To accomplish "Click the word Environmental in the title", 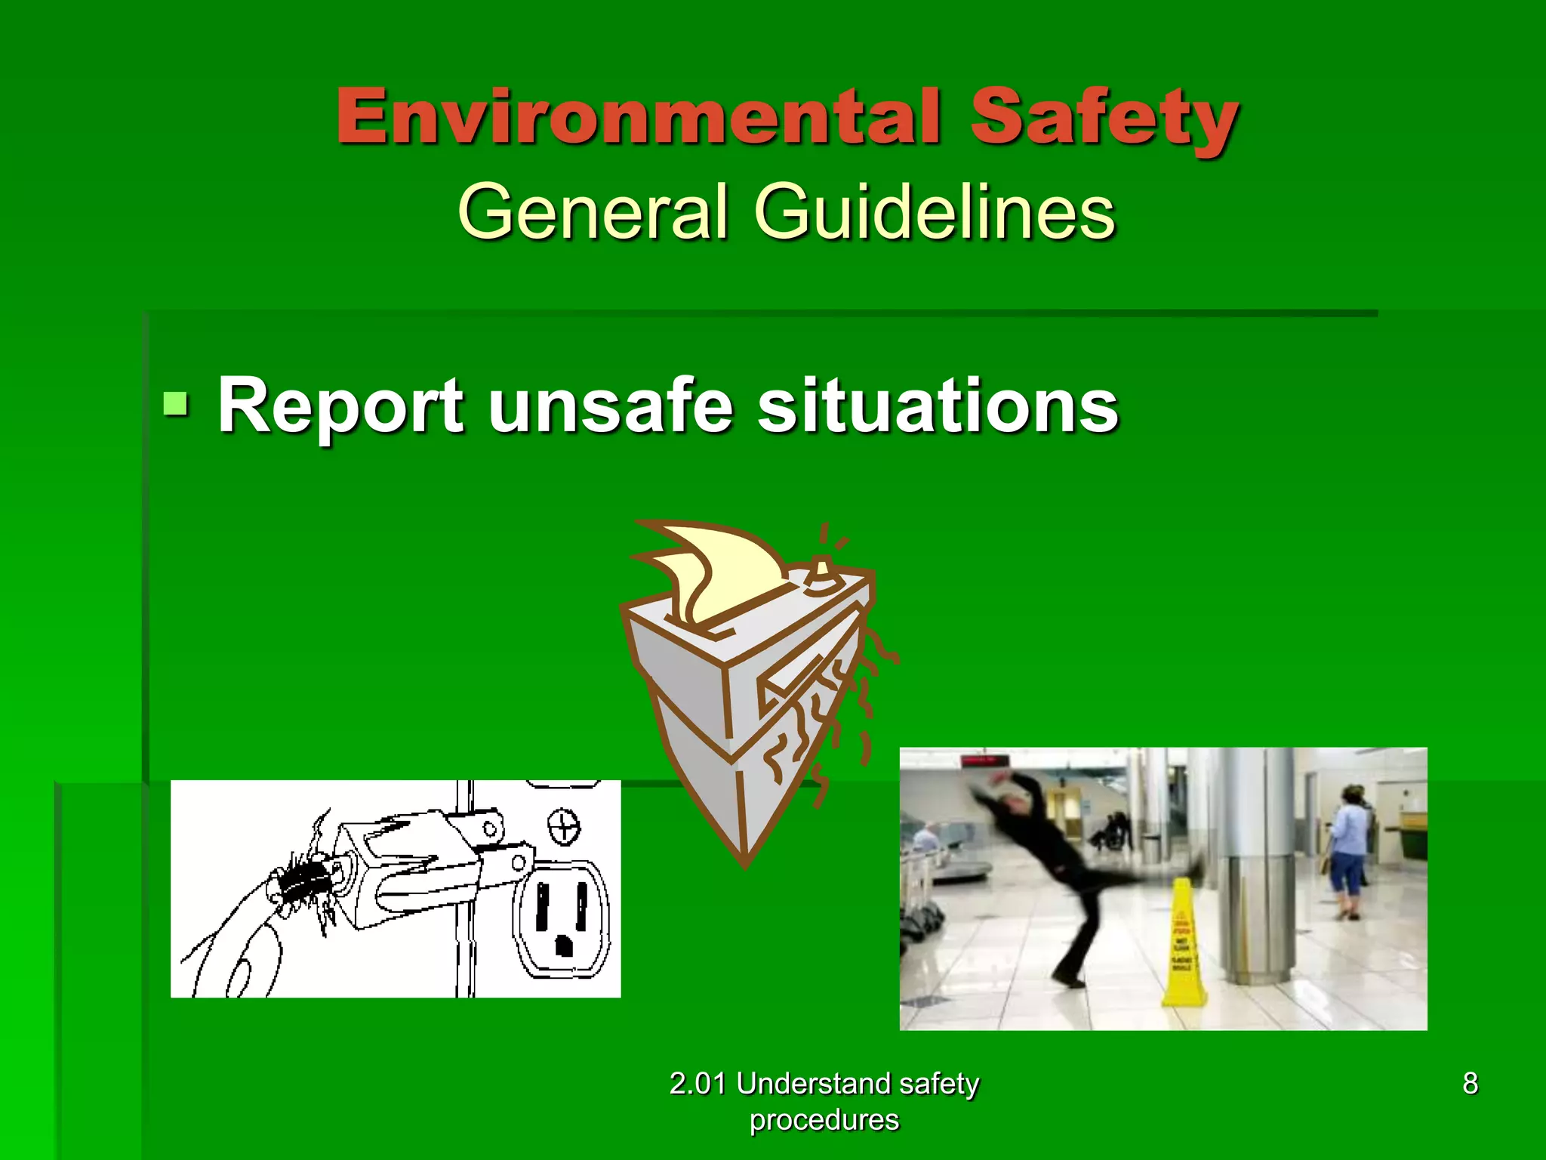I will pyautogui.click(x=639, y=116).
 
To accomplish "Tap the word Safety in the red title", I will pyautogui.click(x=1104, y=119).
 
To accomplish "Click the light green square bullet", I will pyautogui.click(x=176, y=403).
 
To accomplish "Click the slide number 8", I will pyautogui.click(x=1470, y=1083).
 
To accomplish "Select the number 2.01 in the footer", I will pyautogui.click(x=698, y=1084).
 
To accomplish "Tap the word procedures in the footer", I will pyautogui.click(x=824, y=1119).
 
